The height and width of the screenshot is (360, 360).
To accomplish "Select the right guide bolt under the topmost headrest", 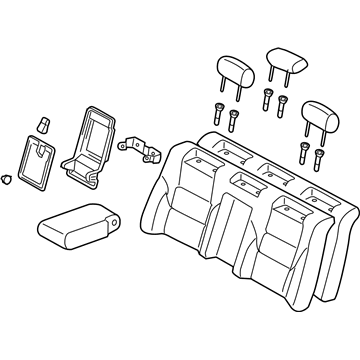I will (x=283, y=105).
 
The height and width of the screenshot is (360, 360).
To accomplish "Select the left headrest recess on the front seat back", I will (x=245, y=182).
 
